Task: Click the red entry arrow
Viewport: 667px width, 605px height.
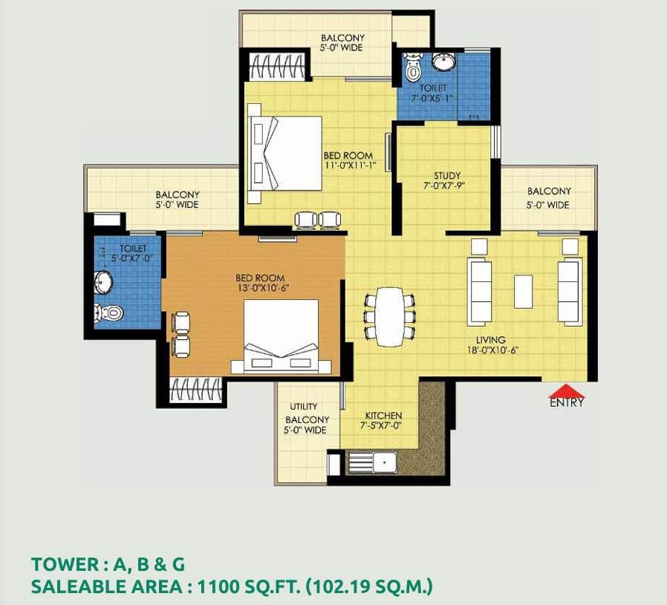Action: pos(566,390)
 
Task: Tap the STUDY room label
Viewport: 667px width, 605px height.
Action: pos(447,176)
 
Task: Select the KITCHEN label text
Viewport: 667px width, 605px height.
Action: pos(383,416)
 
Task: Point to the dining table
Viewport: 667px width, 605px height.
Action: pos(390,317)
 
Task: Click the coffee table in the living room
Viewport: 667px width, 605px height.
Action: pos(523,291)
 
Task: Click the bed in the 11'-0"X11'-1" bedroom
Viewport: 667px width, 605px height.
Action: pos(285,153)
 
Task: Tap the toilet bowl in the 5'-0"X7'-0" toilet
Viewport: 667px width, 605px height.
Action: pos(108,313)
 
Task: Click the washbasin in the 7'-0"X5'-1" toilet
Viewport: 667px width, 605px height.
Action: pos(443,62)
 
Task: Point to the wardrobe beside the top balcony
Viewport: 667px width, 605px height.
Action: pos(277,66)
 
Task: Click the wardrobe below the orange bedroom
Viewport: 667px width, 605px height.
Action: pos(195,390)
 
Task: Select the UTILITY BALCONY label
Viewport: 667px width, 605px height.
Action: pos(306,419)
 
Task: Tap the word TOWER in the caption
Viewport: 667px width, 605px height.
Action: pos(65,565)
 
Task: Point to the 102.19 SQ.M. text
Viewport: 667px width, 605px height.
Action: pos(370,586)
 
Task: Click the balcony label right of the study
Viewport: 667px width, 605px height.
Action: pos(549,197)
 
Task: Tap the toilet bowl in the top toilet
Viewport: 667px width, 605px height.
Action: pos(413,68)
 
